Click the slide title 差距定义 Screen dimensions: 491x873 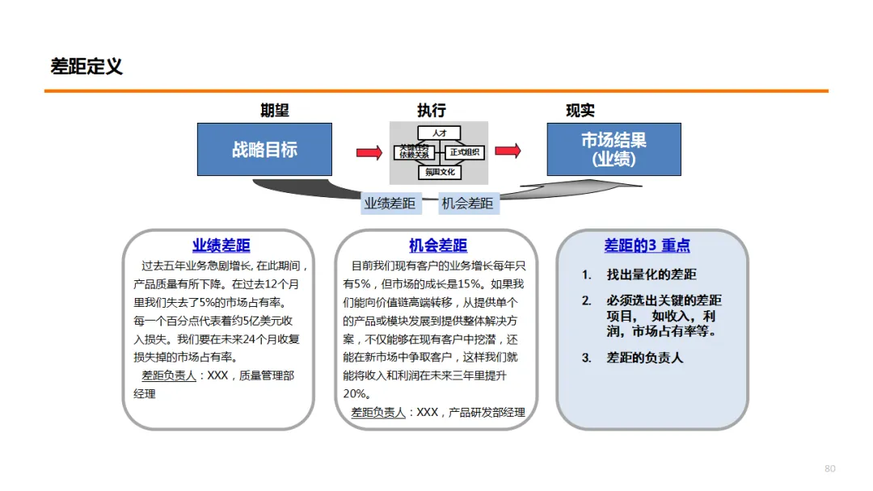[x=86, y=67]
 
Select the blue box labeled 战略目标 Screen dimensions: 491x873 [x=264, y=149]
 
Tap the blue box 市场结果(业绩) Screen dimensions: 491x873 [x=614, y=149]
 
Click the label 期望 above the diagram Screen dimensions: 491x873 [x=275, y=111]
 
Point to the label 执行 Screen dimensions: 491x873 [x=432, y=111]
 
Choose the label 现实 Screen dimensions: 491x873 [x=580, y=111]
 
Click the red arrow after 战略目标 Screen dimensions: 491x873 [x=369, y=152]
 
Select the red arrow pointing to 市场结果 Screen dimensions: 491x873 [x=508, y=151]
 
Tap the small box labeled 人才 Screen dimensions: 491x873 [x=440, y=132]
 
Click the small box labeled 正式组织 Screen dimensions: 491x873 [x=464, y=152]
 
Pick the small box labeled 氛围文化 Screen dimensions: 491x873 [x=440, y=172]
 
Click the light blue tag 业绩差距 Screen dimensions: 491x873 [x=390, y=204]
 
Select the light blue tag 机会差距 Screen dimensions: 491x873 [x=467, y=204]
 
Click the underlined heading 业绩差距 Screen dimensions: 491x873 [x=221, y=246]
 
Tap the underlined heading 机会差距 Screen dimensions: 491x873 [x=437, y=246]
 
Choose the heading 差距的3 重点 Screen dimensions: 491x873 [x=647, y=245]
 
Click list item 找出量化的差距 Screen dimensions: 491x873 [x=652, y=275]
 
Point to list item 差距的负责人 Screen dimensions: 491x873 [x=644, y=357]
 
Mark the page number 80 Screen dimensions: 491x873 [x=829, y=468]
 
